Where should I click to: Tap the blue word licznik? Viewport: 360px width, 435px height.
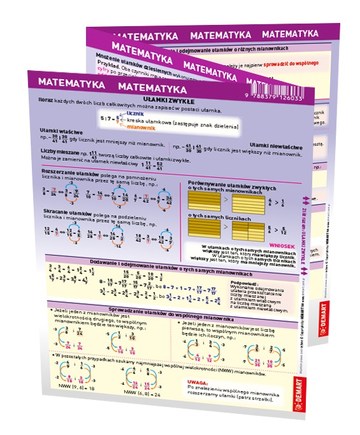click(137, 113)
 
